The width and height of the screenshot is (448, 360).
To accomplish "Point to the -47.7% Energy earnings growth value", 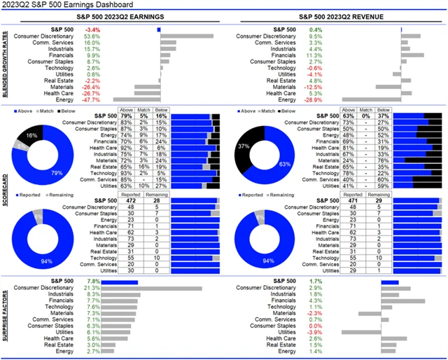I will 91,99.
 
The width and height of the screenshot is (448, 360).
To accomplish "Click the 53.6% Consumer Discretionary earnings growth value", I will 92,36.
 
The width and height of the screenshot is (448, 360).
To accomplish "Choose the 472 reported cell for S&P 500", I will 129,200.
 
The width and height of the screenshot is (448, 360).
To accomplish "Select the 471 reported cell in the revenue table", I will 353,200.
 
